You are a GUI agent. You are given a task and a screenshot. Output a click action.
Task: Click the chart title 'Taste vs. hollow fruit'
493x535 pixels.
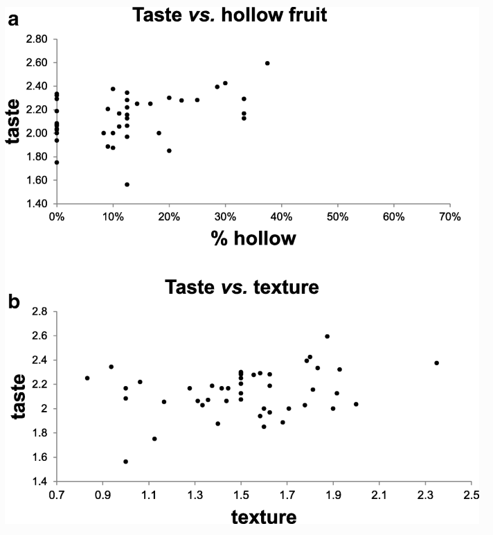(x=249, y=15)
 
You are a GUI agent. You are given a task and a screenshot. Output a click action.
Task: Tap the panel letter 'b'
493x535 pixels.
(x=12, y=302)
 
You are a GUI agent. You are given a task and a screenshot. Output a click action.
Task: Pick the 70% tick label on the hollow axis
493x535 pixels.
(x=449, y=217)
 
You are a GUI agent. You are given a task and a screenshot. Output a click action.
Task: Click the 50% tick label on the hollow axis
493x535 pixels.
(x=337, y=217)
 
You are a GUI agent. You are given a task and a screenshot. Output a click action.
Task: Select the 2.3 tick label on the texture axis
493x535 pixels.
(x=425, y=495)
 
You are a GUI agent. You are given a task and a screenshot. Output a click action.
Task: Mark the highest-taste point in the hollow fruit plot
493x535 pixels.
(x=267, y=63)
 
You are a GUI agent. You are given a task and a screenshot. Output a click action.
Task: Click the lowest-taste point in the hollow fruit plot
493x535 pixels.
(x=127, y=184)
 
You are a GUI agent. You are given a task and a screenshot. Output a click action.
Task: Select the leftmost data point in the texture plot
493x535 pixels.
(x=87, y=378)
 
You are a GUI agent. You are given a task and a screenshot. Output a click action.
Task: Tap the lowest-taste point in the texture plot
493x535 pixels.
(x=125, y=461)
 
